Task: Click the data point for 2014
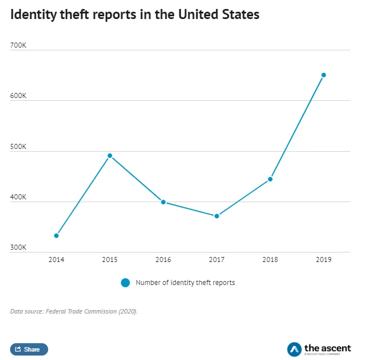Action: [x=57, y=236]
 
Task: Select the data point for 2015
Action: [x=110, y=156]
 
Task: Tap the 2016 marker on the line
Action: [x=163, y=202]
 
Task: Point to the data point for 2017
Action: [x=217, y=216]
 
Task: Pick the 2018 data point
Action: [x=270, y=179]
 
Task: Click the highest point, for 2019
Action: [x=324, y=75]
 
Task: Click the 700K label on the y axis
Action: [x=18, y=45]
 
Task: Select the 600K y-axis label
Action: [x=18, y=96]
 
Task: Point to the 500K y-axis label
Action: [x=18, y=147]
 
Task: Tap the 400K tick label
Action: [x=18, y=197]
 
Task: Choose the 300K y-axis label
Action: [x=18, y=247]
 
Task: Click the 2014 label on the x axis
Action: [x=57, y=260]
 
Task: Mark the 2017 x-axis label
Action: [x=217, y=260]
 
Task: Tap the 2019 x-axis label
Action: [x=324, y=260]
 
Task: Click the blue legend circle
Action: [x=125, y=283]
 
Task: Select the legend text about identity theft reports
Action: [x=185, y=283]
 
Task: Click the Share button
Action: [x=29, y=349]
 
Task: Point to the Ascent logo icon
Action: [x=294, y=349]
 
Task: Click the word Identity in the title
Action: [x=32, y=15]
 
